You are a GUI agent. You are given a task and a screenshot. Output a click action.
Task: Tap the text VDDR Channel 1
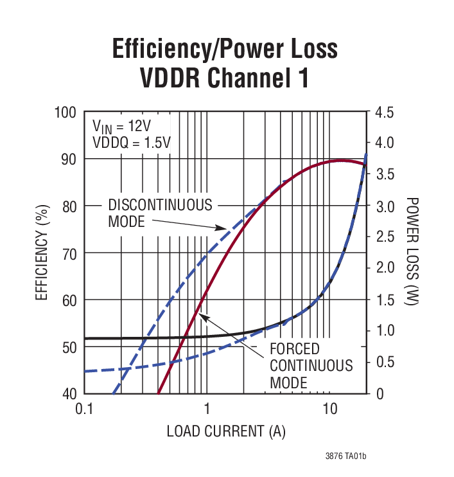click(x=225, y=78)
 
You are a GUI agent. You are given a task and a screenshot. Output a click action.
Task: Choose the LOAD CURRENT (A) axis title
click(x=225, y=431)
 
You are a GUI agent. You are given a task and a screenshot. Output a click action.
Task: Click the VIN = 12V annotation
click(x=122, y=125)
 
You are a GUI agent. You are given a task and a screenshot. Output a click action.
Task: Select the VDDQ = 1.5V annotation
click(x=131, y=142)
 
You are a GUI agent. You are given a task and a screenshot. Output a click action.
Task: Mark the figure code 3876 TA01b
click(x=345, y=456)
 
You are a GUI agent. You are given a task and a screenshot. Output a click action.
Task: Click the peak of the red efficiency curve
click(x=342, y=161)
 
